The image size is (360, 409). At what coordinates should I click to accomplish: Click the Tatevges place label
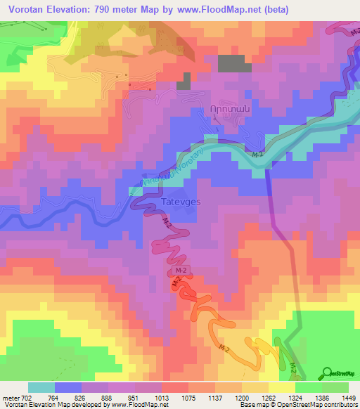click(x=181, y=201)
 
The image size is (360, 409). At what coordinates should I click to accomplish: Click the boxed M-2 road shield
click(x=181, y=270)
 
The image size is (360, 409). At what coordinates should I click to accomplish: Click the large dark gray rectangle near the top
click(x=234, y=63)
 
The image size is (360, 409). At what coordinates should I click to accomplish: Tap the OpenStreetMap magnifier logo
click(x=328, y=373)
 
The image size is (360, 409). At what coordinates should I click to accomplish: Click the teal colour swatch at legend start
click(x=41, y=387)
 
